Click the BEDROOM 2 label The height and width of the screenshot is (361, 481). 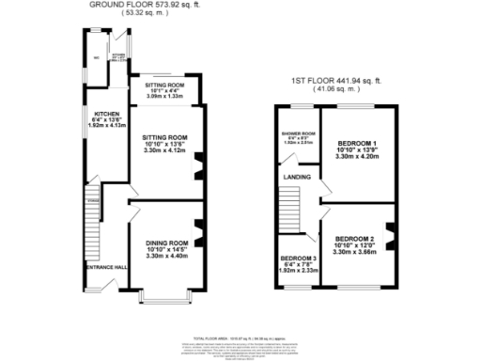tap(356, 239)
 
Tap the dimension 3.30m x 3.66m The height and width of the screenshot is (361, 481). tap(356, 253)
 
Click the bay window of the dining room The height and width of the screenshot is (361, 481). tap(165, 299)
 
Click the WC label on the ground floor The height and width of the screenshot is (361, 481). tap(97, 56)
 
